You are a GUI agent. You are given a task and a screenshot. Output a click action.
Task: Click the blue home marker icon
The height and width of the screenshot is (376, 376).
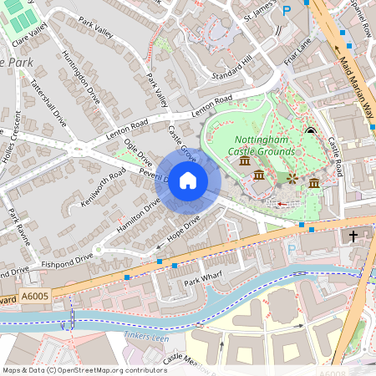point(188,180)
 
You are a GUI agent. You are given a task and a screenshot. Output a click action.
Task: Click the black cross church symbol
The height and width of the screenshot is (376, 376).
point(353,236)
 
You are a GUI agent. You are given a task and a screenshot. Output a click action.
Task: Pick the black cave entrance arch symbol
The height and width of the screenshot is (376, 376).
point(311,130)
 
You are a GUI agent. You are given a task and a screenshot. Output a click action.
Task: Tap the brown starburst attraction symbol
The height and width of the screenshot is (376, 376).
point(292,178)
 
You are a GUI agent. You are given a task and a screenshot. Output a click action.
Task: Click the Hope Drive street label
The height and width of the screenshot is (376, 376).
point(181,231)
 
